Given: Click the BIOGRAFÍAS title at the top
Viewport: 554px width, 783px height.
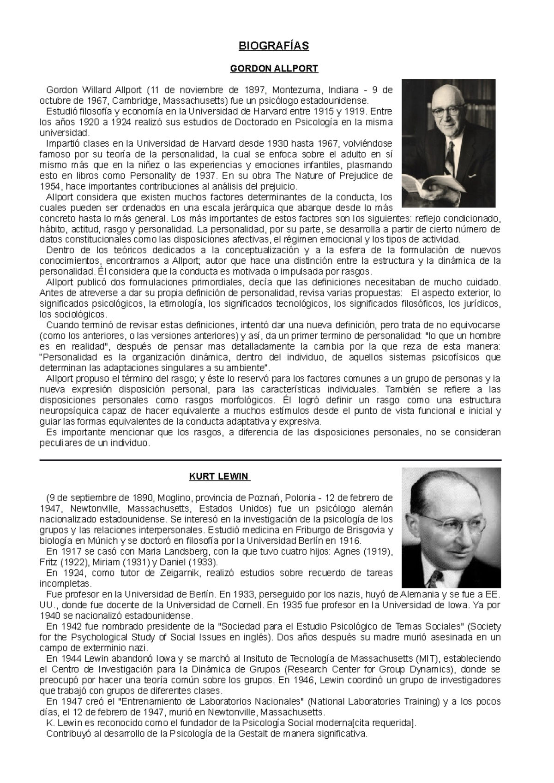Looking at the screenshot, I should pyautogui.click(x=274, y=46).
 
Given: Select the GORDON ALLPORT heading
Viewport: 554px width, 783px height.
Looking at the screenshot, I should pyautogui.click(x=274, y=69).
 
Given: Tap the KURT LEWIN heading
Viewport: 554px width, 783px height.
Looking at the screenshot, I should pyautogui.click(x=219, y=476).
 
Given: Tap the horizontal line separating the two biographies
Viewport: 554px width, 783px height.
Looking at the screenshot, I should pyautogui.click(x=271, y=460).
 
